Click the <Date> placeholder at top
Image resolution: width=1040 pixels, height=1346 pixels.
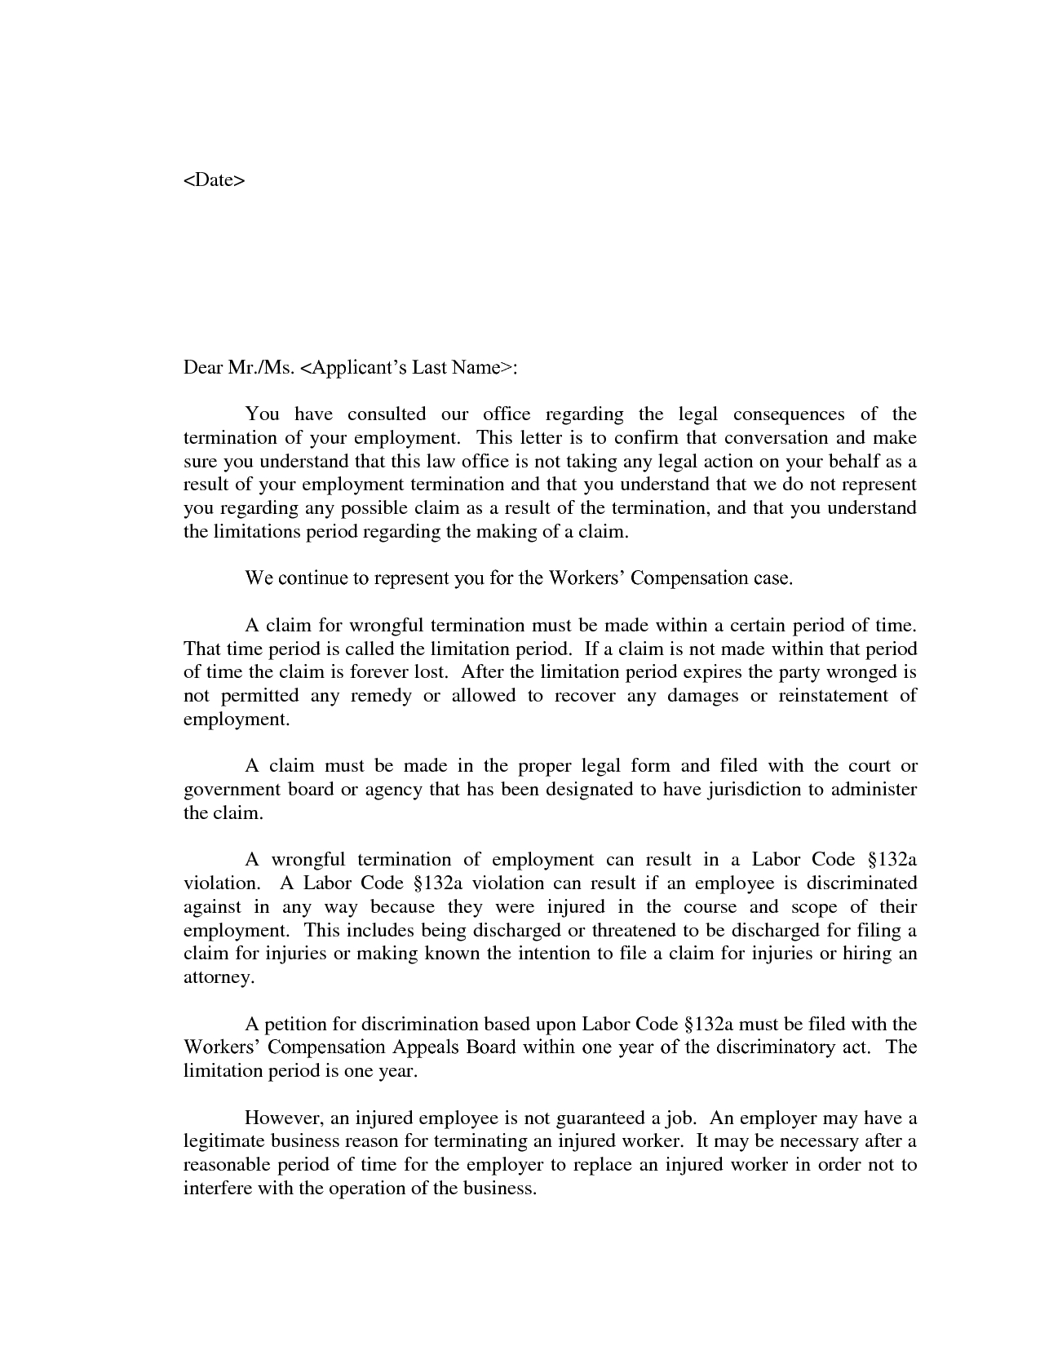pyautogui.click(x=214, y=179)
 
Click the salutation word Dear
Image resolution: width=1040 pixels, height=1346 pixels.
pyautogui.click(x=203, y=368)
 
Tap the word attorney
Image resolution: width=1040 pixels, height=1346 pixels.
pyautogui.click(x=217, y=978)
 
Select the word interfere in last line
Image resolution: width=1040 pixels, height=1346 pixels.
pyautogui.click(x=217, y=1189)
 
